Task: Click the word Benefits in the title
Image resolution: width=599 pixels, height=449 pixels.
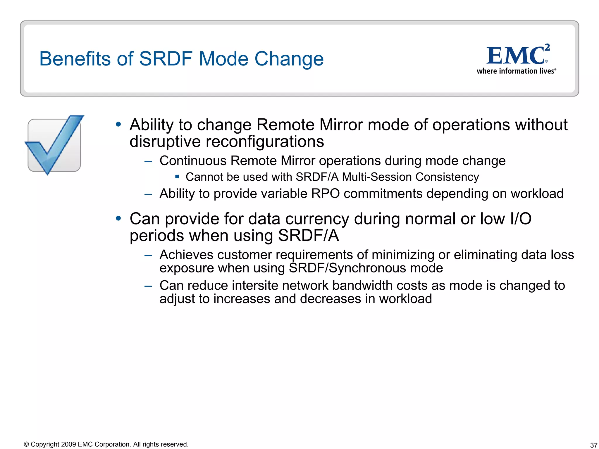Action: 75,59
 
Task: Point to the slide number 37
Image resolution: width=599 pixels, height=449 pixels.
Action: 593,445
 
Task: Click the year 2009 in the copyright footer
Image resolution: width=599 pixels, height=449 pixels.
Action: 69,444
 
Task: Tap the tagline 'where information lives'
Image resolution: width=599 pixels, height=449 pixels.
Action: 516,71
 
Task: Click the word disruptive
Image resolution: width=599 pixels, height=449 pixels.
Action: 165,142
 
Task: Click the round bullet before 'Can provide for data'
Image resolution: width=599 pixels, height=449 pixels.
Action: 118,218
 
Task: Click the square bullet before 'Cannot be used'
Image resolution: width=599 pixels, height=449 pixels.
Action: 177,177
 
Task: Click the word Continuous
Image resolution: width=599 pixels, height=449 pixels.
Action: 193,161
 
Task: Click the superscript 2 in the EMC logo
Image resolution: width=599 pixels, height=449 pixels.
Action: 547,47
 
